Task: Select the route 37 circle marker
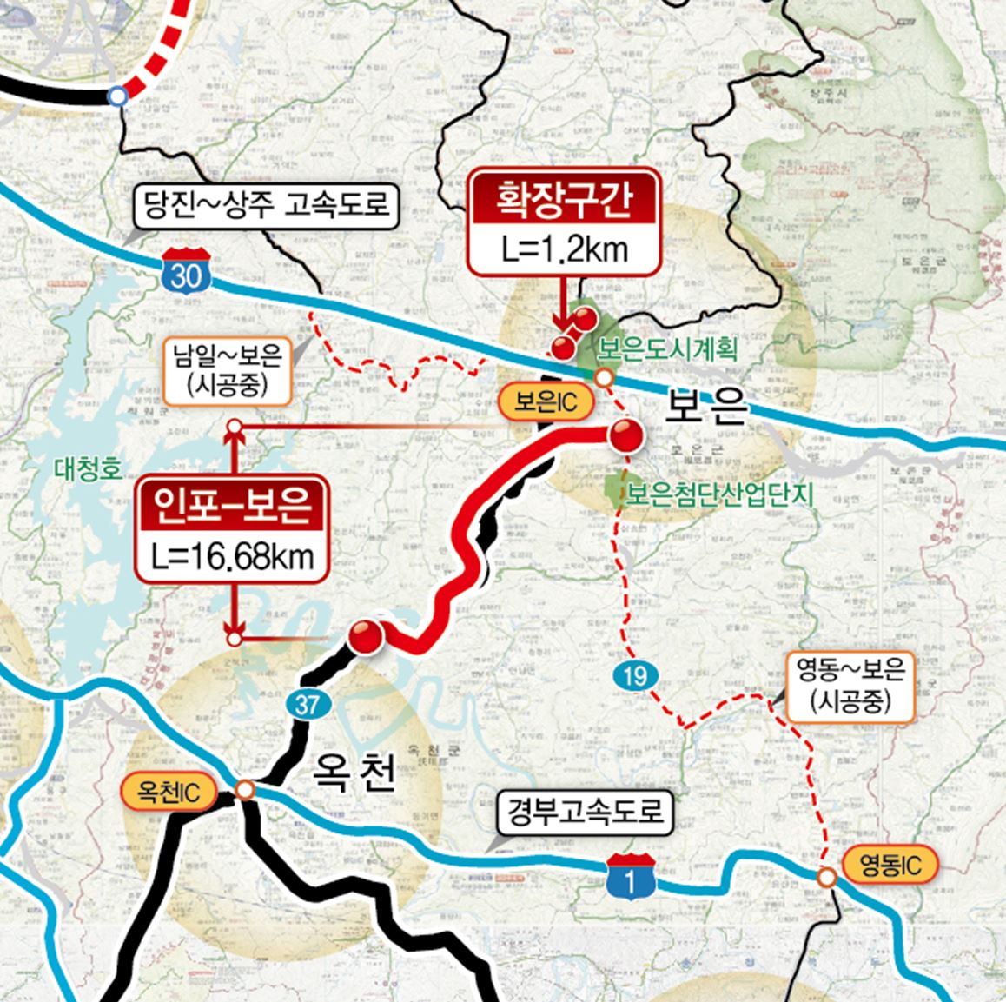(x=307, y=703)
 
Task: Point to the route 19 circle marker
(x=635, y=674)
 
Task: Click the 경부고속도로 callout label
(x=583, y=811)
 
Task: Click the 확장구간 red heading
(x=563, y=200)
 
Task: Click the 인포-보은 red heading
(x=232, y=506)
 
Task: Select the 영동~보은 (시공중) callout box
(x=851, y=687)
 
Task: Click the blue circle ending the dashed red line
(x=118, y=97)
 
